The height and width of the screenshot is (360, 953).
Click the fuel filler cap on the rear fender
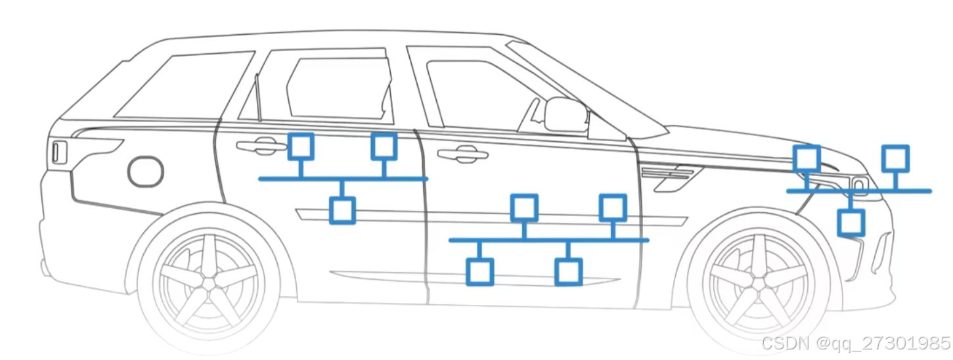click(x=145, y=171)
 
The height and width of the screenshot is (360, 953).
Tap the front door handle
click(x=462, y=155)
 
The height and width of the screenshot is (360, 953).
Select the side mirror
click(x=565, y=115)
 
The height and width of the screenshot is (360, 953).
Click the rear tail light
click(x=59, y=152)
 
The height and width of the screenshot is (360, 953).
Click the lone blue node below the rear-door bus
click(x=342, y=210)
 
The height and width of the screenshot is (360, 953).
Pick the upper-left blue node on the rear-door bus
click(x=301, y=146)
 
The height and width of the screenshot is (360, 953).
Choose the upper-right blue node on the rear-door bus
click(x=384, y=146)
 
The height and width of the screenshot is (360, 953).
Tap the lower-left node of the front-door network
click(x=479, y=271)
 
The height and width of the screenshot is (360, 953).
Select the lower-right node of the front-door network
click(x=568, y=271)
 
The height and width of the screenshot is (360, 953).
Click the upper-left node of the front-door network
click(x=524, y=208)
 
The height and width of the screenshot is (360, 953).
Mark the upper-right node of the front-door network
click(x=613, y=208)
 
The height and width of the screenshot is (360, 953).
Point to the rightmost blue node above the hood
click(x=895, y=158)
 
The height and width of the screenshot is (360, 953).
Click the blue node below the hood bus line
click(x=851, y=222)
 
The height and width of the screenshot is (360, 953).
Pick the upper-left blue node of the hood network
click(x=807, y=158)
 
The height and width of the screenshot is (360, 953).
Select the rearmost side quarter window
click(x=184, y=85)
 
